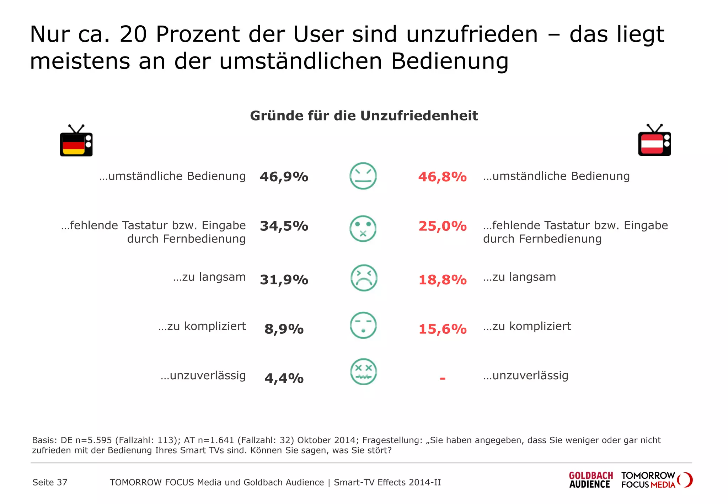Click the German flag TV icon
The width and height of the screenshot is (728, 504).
[x=76, y=141]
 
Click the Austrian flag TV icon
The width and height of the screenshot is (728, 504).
[x=654, y=141]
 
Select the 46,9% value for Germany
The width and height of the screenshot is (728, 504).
[x=284, y=177]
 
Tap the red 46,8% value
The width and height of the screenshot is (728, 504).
[x=442, y=177]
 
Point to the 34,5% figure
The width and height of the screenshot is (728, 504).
[x=284, y=226]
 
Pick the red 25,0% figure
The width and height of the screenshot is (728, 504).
[x=442, y=226]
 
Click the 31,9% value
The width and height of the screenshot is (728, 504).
[x=284, y=280]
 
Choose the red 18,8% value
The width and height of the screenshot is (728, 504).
[x=442, y=280]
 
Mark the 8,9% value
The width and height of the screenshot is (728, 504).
[x=284, y=329]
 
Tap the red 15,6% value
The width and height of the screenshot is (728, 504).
[x=442, y=329]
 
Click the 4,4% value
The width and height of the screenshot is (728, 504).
[x=284, y=378]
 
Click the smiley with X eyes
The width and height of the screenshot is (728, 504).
[x=363, y=372]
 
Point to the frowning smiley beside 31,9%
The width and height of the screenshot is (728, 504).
[x=363, y=278]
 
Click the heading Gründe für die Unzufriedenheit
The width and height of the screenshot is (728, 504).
[x=364, y=116]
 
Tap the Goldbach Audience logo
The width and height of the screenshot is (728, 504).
[x=590, y=480]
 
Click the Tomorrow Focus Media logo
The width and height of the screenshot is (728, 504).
[x=656, y=480]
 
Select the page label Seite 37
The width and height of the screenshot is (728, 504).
[x=50, y=482]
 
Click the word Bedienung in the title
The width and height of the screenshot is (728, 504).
[x=449, y=61]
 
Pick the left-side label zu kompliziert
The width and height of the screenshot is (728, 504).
[x=202, y=326]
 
